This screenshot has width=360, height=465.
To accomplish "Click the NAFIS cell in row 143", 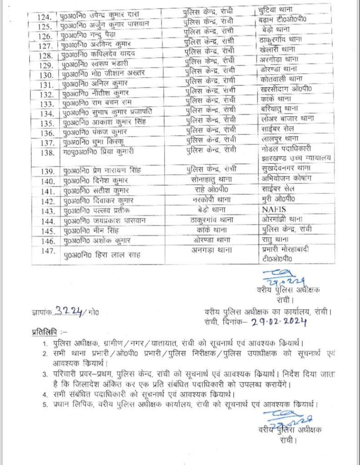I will [x=275, y=211].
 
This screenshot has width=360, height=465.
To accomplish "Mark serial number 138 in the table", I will [x=46, y=153].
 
